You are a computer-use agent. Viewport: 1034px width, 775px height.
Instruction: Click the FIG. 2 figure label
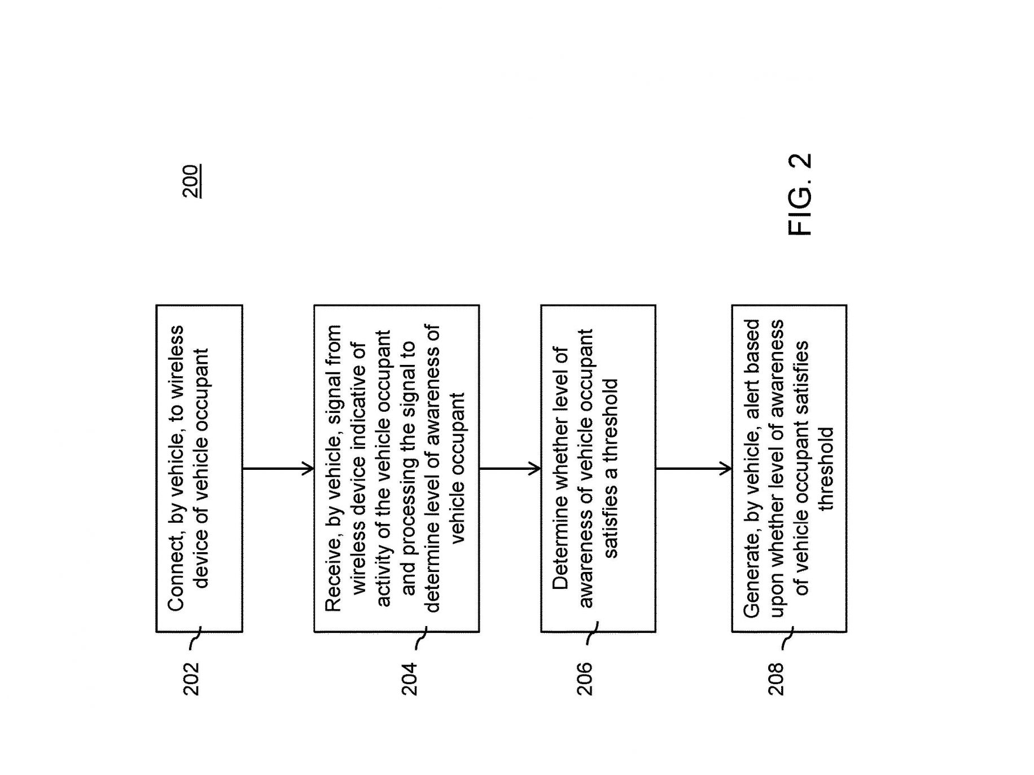coord(800,195)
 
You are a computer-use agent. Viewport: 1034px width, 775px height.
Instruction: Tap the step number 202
coord(191,678)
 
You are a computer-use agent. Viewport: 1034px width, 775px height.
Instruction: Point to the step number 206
coord(585,678)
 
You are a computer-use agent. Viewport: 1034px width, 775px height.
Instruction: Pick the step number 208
coord(775,678)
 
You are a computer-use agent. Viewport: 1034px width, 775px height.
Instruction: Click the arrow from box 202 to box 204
coord(278,468)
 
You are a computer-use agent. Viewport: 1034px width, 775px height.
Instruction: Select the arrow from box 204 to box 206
coord(510,468)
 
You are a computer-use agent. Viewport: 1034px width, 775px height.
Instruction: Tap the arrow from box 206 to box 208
coord(694,468)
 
